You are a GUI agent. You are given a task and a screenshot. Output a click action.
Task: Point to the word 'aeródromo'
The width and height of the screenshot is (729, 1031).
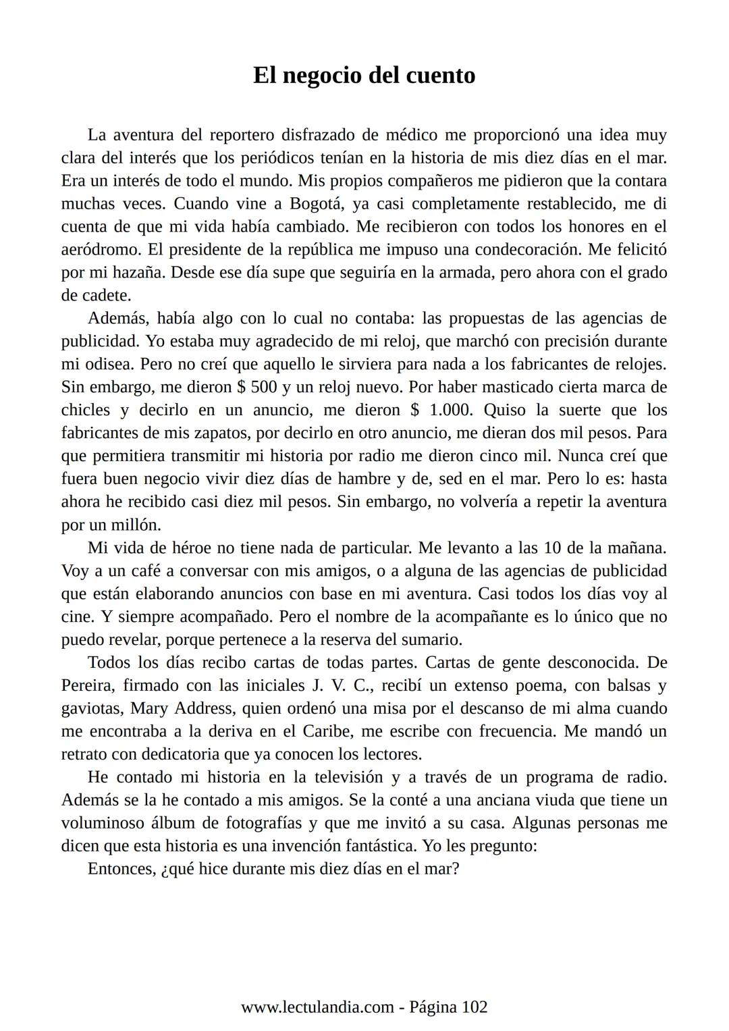[101, 250]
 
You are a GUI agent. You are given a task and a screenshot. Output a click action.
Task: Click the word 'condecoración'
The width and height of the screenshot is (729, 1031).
[528, 250]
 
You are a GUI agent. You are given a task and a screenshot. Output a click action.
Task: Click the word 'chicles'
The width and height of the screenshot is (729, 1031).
[85, 411]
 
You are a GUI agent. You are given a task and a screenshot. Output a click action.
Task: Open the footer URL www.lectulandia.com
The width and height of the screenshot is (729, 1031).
[317, 1007]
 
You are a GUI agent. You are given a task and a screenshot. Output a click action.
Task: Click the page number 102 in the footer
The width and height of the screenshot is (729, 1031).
[474, 1007]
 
